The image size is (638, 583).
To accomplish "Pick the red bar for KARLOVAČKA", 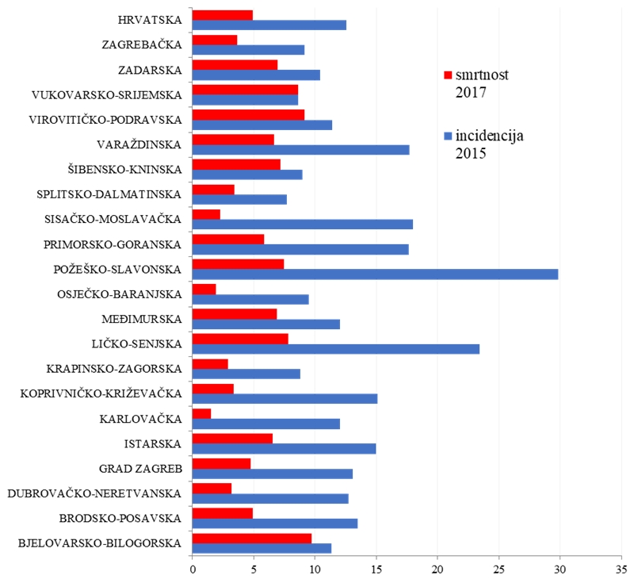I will pyautogui.click(x=202, y=413).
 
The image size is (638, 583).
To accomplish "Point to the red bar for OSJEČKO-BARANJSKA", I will pyautogui.click(x=204, y=289).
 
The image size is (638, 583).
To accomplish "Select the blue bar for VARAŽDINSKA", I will pyautogui.click(x=301, y=150).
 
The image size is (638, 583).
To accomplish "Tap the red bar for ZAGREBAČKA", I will pyautogui.click(x=215, y=40).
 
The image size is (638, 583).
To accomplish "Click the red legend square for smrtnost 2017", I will pyautogui.click(x=447, y=75).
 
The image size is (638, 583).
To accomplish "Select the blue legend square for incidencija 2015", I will pyautogui.click(x=447, y=136).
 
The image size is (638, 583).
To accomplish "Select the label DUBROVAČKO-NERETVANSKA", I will pyautogui.click(x=94, y=493).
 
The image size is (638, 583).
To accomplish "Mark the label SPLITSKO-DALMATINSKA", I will pyautogui.click(x=109, y=194).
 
